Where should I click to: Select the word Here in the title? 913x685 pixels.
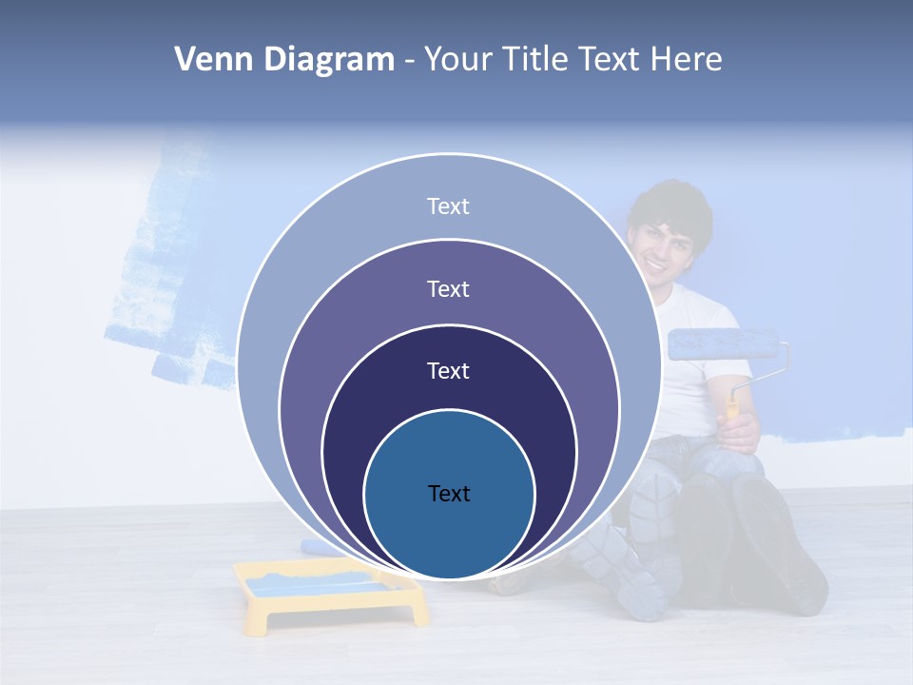686,60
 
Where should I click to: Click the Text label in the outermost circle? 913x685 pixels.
448,206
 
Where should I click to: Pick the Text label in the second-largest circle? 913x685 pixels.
448,288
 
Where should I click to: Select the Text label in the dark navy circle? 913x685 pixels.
448,371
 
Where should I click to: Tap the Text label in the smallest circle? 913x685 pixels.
449,494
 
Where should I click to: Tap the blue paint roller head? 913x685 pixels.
723,343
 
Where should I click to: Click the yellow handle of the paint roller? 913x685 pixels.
733,403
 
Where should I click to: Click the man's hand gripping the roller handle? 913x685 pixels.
739,429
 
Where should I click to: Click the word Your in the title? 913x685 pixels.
461,60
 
